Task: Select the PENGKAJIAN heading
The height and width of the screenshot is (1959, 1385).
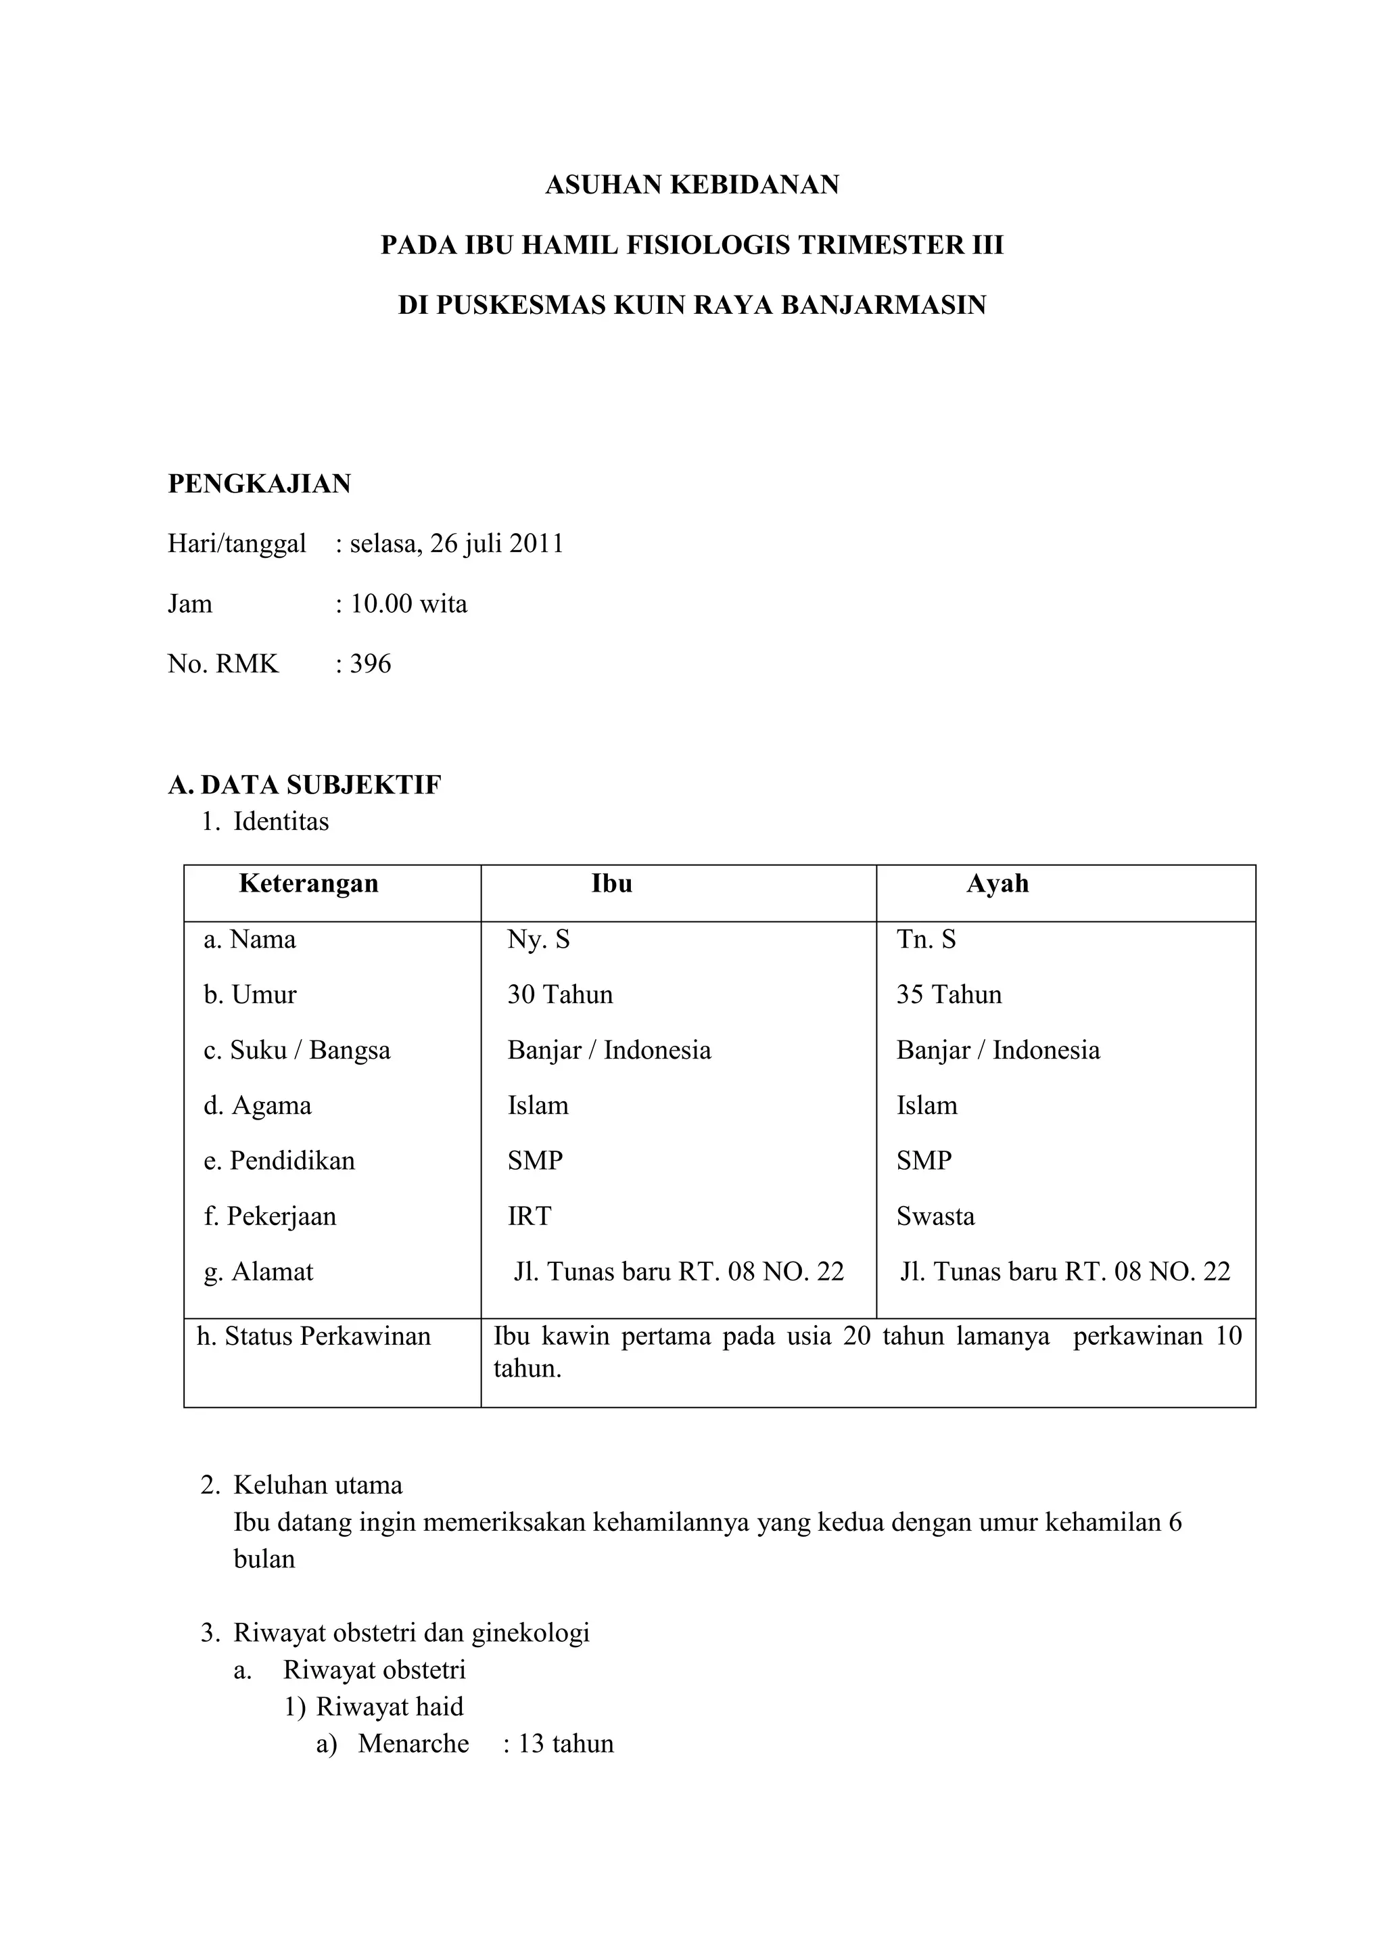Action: [259, 484]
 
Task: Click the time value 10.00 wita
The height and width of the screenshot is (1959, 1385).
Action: [408, 604]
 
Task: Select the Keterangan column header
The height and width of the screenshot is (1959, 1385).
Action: [309, 883]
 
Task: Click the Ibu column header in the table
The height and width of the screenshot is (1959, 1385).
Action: [611, 883]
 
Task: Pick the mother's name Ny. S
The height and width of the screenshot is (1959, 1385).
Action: [538, 940]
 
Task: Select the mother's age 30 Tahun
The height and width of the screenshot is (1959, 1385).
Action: [559, 995]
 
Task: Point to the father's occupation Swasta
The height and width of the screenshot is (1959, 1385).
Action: [935, 1216]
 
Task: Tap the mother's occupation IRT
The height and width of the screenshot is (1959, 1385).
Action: [529, 1216]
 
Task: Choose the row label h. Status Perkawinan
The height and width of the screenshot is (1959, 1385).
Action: [314, 1336]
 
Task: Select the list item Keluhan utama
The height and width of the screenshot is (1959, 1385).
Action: [317, 1485]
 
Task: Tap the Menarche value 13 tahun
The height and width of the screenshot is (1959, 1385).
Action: [565, 1743]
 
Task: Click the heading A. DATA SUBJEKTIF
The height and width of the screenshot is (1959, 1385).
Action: [304, 785]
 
